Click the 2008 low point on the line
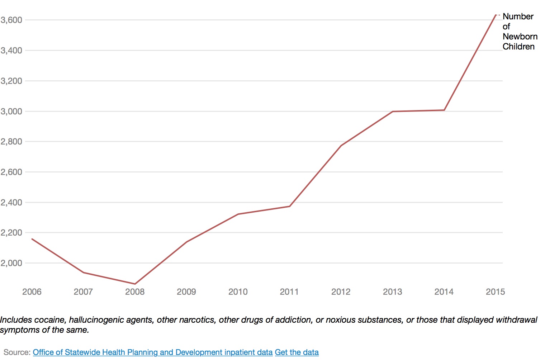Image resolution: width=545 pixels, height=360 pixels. click(135, 284)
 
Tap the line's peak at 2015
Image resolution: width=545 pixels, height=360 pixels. click(496, 15)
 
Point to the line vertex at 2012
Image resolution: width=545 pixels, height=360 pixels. click(341, 146)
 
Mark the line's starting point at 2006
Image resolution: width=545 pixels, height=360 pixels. click(32, 239)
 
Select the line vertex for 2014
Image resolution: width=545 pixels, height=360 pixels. click(444, 110)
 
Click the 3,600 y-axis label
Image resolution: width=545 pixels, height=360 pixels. click(11, 20)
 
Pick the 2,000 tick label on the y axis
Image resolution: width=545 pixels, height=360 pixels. click(11, 263)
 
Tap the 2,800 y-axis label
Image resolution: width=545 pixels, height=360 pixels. click(11, 142)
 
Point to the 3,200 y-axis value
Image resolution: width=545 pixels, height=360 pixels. click(11, 81)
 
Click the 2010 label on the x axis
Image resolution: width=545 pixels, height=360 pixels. click(238, 292)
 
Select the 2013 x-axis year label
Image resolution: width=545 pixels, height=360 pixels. click(392, 292)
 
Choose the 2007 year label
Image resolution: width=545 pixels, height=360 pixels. click(83, 292)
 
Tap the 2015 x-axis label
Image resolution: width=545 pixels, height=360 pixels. click(495, 292)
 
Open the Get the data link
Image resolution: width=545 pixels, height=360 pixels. click(297, 352)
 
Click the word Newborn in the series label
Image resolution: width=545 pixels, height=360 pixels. click(520, 37)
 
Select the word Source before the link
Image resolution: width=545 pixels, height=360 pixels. click(16, 352)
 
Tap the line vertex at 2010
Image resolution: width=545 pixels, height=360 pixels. click(238, 214)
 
